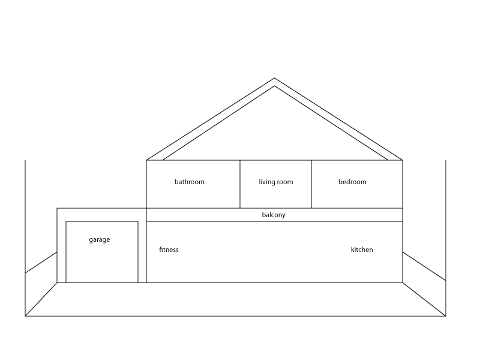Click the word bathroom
[x=190, y=182]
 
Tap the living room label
[x=276, y=182]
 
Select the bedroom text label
[x=352, y=182]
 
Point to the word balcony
[x=274, y=215]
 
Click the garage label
[x=100, y=240]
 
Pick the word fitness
[x=169, y=250]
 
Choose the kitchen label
[x=362, y=250]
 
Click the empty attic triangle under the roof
[x=275, y=132]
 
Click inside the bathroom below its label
[x=190, y=197]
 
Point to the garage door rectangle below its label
[x=102, y=264]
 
